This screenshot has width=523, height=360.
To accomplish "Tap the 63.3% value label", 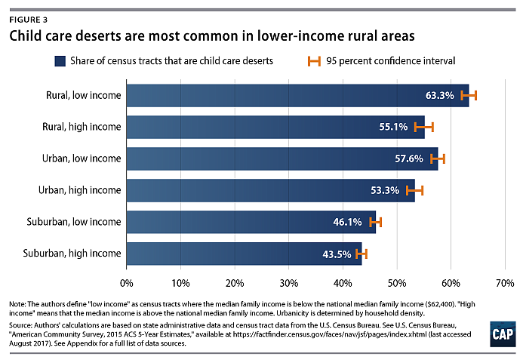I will pos(440,96).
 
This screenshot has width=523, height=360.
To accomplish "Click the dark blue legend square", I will pos(60,60).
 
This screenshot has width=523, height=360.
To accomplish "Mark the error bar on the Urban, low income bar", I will pos(438,158).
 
